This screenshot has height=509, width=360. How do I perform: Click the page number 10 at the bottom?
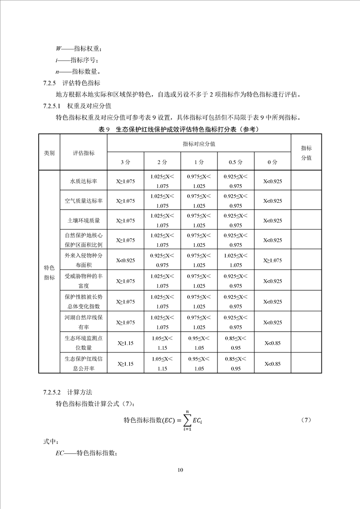click(180, 470)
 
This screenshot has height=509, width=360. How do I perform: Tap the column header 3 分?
click(125, 162)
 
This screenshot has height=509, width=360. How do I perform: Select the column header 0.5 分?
click(235, 162)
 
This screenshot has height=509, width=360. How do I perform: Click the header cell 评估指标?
click(84, 153)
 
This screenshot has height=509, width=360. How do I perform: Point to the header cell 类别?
click(49, 153)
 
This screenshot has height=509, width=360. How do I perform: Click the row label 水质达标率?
click(84, 181)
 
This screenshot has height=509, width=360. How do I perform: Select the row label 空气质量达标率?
click(84, 201)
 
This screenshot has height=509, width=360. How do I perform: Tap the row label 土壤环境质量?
click(84, 220)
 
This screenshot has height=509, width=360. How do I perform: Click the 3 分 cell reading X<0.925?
click(125, 260)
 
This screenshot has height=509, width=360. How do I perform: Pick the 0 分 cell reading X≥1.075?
click(272, 260)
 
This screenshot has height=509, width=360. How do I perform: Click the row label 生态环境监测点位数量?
click(84, 343)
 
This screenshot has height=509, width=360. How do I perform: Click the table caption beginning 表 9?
click(180, 129)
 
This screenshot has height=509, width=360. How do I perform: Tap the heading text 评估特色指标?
click(81, 83)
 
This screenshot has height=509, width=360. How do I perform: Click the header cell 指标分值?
click(306, 153)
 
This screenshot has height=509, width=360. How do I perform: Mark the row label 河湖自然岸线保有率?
click(84, 322)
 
